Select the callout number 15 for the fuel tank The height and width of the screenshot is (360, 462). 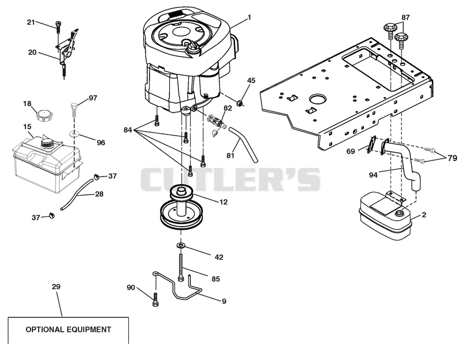pyautogui.click(x=27, y=127)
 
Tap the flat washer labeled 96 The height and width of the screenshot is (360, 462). pyautogui.click(x=74, y=134)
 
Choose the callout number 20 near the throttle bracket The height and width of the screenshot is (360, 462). pyautogui.click(x=32, y=52)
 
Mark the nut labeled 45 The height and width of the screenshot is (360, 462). pyautogui.click(x=240, y=103)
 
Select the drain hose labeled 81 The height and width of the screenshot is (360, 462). pyautogui.click(x=243, y=144)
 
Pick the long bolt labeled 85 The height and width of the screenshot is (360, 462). pyautogui.click(x=181, y=267)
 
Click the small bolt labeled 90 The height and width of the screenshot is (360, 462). pyautogui.click(x=155, y=300)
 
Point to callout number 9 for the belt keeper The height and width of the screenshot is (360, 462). pyautogui.click(x=224, y=301)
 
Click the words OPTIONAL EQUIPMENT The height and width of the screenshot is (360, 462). pyautogui.click(x=68, y=329)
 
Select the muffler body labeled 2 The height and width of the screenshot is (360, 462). pyautogui.click(x=385, y=216)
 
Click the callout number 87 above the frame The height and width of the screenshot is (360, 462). pyautogui.click(x=405, y=17)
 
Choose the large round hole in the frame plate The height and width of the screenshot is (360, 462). pyautogui.click(x=316, y=99)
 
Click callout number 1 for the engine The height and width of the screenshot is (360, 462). pyautogui.click(x=249, y=17)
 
